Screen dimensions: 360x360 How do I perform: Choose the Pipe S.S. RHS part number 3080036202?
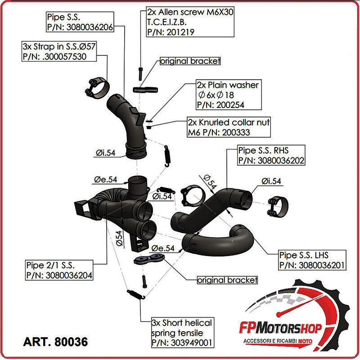271,160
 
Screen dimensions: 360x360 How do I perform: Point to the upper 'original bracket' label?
190,61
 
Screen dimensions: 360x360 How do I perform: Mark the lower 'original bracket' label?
227,280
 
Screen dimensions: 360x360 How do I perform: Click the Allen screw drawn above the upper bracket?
141,72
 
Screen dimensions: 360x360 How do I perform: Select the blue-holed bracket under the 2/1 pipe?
148,260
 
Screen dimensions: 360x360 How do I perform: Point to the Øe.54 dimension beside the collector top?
105,180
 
